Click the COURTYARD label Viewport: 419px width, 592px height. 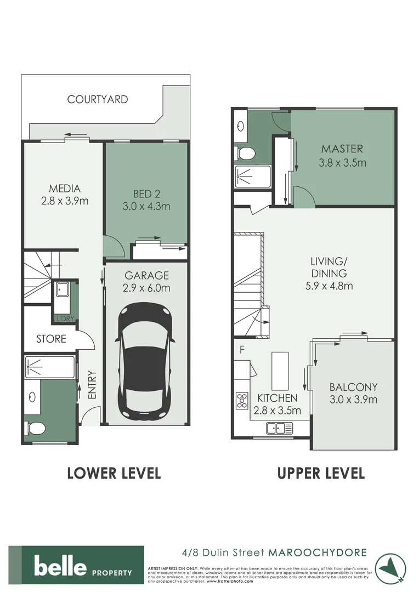98,99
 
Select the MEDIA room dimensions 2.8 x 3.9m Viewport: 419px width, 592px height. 65,201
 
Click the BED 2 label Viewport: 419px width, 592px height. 146,193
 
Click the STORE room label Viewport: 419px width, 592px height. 52,339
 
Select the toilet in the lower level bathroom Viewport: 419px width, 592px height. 34,428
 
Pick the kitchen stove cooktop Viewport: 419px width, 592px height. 242,401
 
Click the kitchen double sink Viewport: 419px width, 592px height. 280,428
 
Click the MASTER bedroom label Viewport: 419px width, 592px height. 342,149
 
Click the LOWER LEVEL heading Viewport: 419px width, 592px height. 114,473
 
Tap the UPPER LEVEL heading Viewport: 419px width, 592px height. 321,473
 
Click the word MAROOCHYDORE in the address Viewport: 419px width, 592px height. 317,553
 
